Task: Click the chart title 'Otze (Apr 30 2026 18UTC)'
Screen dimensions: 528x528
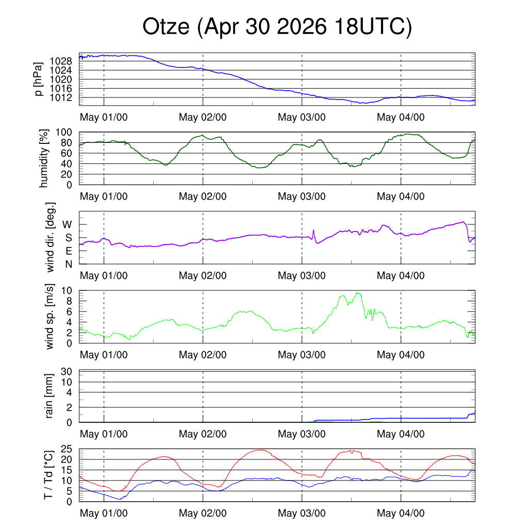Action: pos(277,27)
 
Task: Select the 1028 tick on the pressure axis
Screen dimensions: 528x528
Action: pos(61,61)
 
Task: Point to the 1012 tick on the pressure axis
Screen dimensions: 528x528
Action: pos(61,97)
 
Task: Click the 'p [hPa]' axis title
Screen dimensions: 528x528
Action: pos(39,79)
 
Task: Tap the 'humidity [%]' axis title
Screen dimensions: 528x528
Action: pos(44,158)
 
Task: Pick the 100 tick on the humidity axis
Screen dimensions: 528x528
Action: pos(63,133)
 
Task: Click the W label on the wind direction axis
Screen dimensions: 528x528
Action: pos(67,225)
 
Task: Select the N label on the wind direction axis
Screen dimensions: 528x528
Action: pos(69,265)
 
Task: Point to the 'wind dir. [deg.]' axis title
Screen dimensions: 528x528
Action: pos(50,237)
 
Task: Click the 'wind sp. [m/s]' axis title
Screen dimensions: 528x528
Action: pos(49,317)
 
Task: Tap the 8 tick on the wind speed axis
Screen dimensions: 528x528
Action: pos(69,301)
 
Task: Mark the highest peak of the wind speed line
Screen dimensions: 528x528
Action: pos(358,293)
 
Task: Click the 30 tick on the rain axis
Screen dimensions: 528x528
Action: pos(67,371)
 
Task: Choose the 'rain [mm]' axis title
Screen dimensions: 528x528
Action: pos(49,396)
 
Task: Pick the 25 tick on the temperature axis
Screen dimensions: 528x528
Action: pos(67,449)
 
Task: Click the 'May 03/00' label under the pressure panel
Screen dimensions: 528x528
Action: pos(302,117)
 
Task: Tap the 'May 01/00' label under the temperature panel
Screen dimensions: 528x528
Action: pos(104,513)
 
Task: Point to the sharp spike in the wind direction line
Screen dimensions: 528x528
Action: pos(313,230)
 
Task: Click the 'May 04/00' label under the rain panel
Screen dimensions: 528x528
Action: pos(401,434)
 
